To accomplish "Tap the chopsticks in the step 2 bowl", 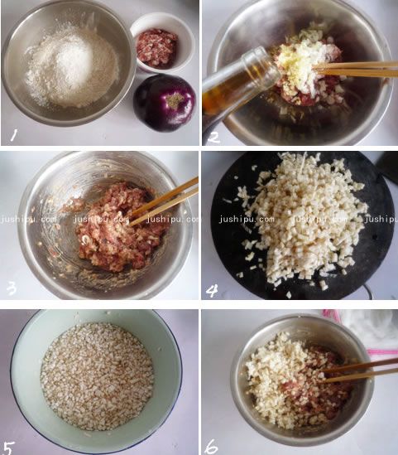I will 356,69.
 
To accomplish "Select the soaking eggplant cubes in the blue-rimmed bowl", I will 97,375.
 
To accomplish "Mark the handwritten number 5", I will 12,440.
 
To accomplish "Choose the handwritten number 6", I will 212,443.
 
